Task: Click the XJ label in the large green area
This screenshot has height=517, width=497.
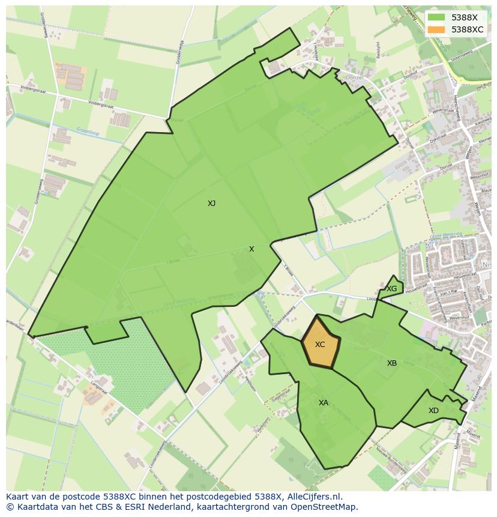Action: pyautogui.click(x=211, y=204)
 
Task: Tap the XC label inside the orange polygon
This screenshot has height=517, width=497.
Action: pyautogui.click(x=320, y=345)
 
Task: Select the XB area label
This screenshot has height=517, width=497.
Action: pyautogui.click(x=392, y=363)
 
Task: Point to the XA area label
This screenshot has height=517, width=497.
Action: pyautogui.click(x=324, y=403)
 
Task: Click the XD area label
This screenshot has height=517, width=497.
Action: pyautogui.click(x=433, y=411)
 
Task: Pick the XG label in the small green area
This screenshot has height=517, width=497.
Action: pyautogui.click(x=392, y=289)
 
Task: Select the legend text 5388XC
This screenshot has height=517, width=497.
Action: pyautogui.click(x=468, y=29)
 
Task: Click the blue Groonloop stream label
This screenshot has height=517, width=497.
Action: pyautogui.click(x=87, y=129)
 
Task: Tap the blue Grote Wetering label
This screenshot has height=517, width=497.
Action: pyautogui.click(x=446, y=235)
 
